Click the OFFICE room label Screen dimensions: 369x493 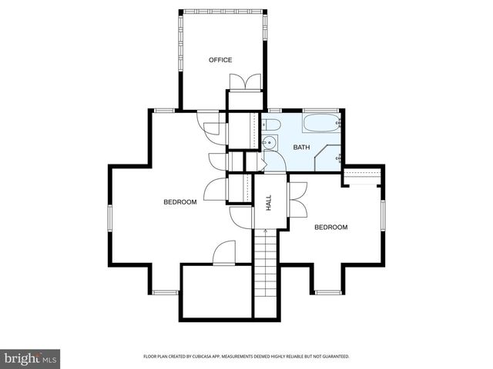pos(220,60)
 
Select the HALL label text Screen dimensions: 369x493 pos(269,203)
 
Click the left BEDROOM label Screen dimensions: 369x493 pos(180,202)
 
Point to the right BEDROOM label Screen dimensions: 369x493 pos(330,228)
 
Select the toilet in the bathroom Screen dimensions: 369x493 pos(271,125)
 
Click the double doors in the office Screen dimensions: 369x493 pos(245,82)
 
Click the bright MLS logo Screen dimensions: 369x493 pos(31,357)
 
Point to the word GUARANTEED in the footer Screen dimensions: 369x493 pos(334,357)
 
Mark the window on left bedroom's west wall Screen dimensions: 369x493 pos(109,217)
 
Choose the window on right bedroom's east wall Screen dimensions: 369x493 pos(384,216)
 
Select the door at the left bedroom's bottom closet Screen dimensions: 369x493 pos(223,252)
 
